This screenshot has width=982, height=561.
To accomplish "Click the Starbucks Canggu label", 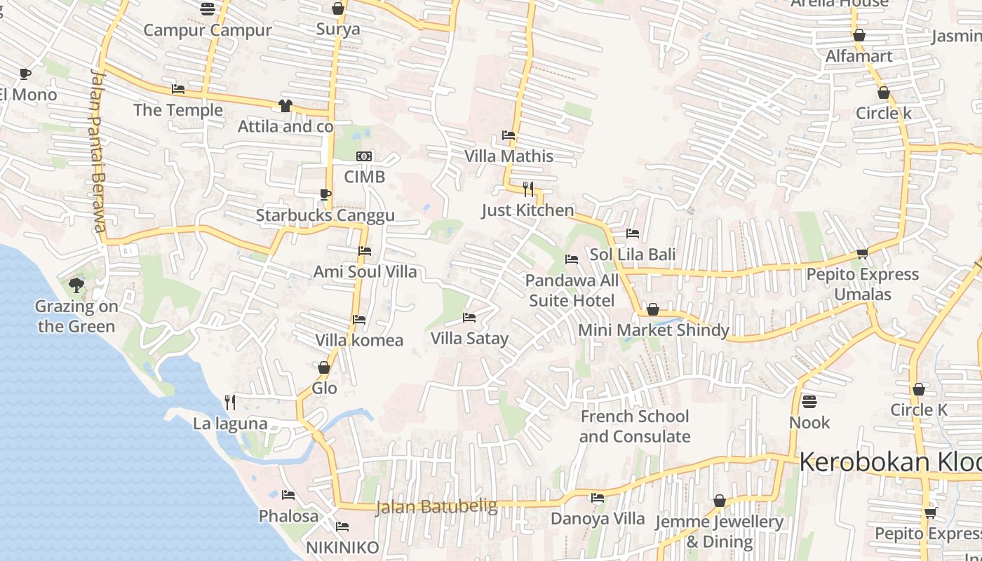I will coord(325,215).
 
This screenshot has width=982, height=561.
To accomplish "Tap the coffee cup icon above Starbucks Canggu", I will coord(325,194).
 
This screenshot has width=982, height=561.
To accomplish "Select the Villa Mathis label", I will coord(509,156).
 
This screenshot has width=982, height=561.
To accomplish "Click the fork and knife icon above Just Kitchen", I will coord(528,189).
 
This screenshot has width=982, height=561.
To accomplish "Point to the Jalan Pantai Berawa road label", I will coord(99,151).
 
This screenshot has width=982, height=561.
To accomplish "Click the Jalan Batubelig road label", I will coord(436,506).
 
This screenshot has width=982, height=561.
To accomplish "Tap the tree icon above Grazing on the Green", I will coord(76,285).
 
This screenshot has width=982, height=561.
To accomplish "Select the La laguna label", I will coord(230,424).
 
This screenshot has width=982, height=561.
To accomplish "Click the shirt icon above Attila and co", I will coord(285,106).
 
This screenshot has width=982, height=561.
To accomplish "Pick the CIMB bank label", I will coord(364,177).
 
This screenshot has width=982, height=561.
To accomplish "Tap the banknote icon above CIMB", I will coord(364,156).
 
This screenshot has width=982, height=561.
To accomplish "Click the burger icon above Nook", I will coord(809,402).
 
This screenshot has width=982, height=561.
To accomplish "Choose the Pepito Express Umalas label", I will coord(862,284).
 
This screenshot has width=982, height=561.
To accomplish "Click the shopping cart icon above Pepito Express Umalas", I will coord(862,254).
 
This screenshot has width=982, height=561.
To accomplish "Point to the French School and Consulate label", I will coord(634,426).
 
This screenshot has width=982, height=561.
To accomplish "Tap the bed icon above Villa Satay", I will coord(469,318).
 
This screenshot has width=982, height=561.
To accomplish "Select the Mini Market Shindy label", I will coord(653,330).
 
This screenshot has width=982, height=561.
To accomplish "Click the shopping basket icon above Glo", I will coord(324,367).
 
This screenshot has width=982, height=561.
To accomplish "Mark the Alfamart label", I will coord(859,56).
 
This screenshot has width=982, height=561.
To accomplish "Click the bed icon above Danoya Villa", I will coord(598,498).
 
